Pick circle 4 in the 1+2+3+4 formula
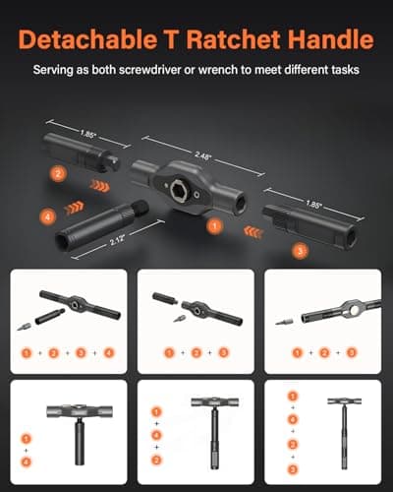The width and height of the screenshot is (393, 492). (109, 352)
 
